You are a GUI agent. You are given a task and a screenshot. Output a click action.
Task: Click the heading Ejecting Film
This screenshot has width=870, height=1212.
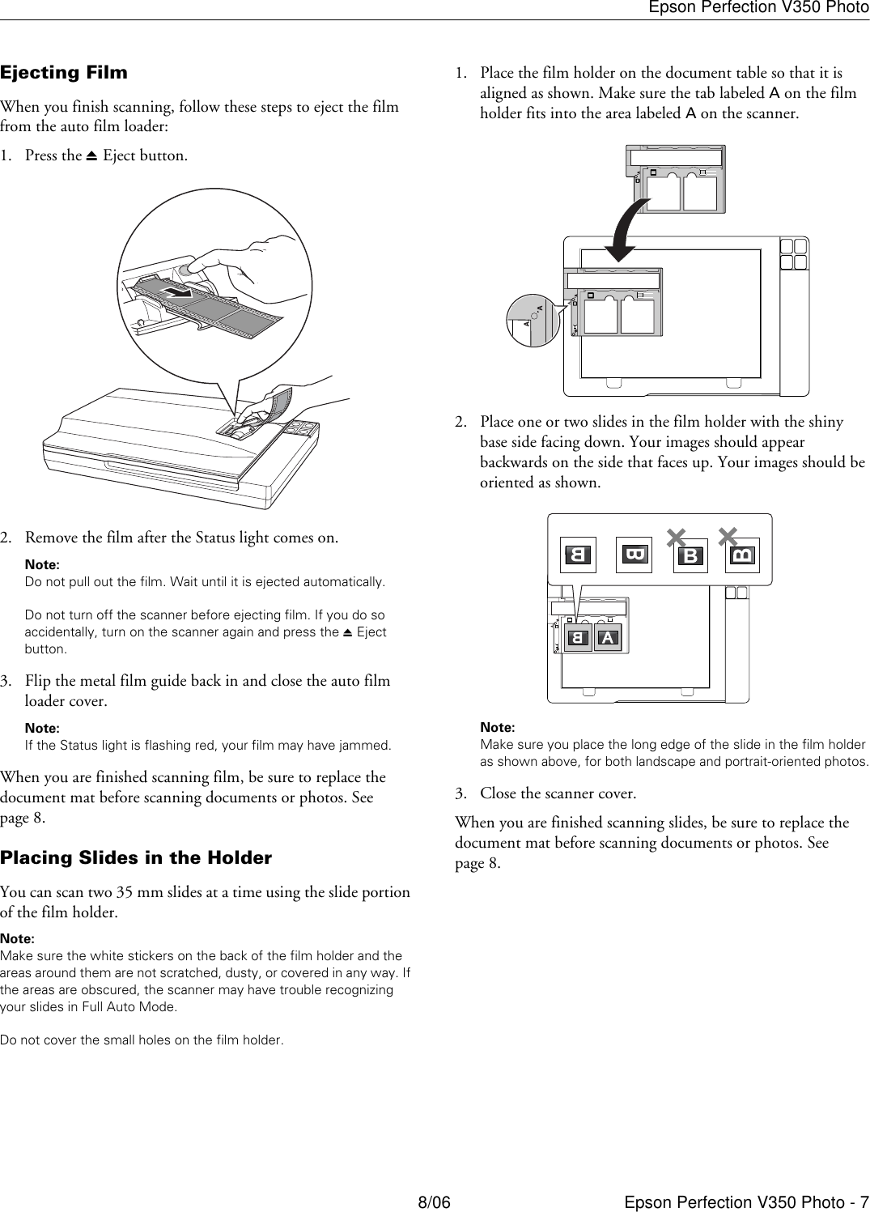tap(64, 73)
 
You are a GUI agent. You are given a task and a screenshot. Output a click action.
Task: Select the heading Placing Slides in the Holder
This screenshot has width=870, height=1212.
tap(136, 858)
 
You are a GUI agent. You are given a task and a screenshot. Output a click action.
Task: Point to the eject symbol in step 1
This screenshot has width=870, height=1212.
tap(92, 156)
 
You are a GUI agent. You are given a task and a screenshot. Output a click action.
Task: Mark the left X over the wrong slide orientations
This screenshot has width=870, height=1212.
tap(676, 538)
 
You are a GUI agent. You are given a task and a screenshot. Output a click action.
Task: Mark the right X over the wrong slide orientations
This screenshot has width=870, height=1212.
tap(728, 535)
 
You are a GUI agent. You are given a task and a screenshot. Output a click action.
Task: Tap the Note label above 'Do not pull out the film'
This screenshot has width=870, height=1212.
tap(42, 564)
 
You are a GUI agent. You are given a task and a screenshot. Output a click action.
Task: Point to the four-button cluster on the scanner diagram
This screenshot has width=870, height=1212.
tap(794, 253)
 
